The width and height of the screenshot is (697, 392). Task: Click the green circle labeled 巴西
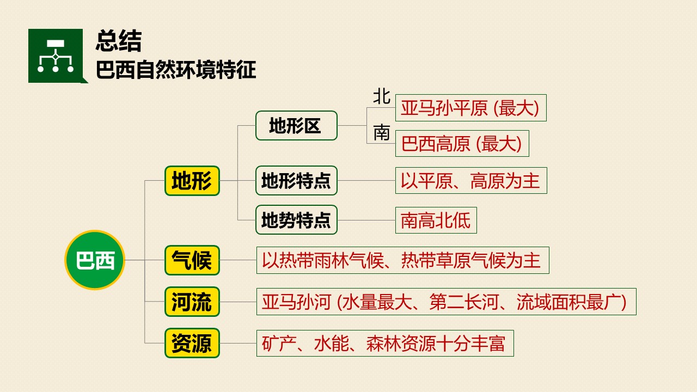coord(95,260)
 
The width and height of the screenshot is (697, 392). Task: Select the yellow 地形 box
coord(192,181)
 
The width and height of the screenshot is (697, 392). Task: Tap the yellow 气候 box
coord(192,260)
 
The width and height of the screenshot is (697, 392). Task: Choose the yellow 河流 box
coord(192,302)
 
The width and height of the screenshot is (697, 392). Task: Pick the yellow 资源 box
coord(192,343)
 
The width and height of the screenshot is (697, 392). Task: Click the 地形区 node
coord(296,125)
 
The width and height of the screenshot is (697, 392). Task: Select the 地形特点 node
coord(296,180)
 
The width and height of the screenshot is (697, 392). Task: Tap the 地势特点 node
coord(296,219)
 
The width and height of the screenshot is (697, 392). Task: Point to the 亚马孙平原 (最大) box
coord(471,108)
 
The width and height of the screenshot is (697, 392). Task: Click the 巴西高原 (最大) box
coord(462,143)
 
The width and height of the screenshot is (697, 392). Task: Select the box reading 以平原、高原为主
coord(471,180)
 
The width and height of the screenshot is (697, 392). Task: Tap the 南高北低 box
coord(436,220)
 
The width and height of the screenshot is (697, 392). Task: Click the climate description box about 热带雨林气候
coord(403,260)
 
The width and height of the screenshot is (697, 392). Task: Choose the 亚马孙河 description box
coord(447,302)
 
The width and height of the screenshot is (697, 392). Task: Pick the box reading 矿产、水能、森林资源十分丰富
coord(385,343)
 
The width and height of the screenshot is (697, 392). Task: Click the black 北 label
coord(382,96)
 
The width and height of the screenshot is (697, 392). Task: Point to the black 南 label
coord(382,132)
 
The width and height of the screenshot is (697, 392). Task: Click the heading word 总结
coord(119,40)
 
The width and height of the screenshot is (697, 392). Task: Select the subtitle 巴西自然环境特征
coord(176,70)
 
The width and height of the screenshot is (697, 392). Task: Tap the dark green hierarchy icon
coord(56,56)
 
